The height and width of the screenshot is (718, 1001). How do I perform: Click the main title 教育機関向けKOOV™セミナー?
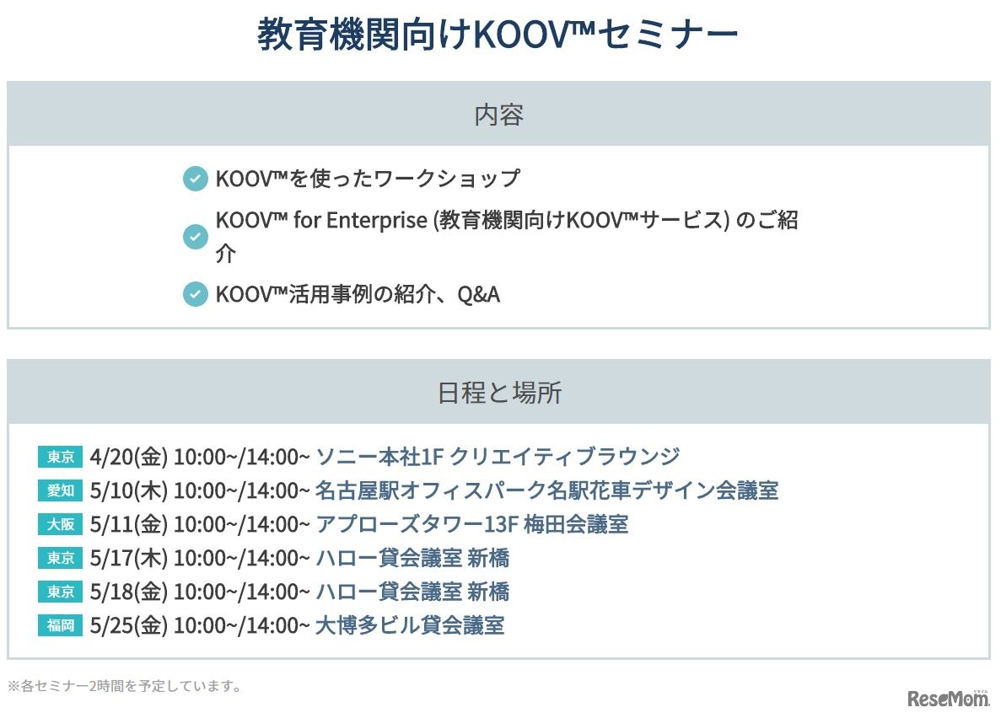[498, 36]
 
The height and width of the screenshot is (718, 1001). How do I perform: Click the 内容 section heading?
[498, 115]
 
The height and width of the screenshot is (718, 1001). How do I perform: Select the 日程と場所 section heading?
[498, 393]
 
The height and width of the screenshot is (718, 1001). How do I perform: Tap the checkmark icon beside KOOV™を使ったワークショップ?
[195, 179]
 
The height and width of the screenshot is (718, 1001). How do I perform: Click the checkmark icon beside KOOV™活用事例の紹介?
[195, 294]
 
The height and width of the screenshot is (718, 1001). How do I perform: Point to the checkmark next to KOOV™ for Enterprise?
[195, 237]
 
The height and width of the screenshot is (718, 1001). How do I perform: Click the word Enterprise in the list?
[377, 221]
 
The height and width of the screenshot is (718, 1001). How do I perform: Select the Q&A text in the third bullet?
[478, 294]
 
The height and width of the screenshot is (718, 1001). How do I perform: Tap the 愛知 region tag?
[61, 490]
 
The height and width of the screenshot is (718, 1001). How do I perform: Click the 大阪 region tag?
[61, 524]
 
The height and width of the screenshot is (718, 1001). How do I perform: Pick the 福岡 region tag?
[61, 625]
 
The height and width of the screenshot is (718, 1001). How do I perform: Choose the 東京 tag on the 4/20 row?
[61, 457]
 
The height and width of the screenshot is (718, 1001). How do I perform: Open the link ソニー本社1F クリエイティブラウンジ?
[498, 457]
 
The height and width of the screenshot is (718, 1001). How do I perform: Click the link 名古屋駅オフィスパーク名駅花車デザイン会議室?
[546, 490]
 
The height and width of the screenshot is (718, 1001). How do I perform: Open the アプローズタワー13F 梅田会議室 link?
[471, 524]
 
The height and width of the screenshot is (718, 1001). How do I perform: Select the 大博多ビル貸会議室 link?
[410, 625]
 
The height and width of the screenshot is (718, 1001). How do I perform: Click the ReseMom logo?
[948, 699]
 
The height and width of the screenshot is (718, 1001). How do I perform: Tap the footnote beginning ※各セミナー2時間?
[125, 686]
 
